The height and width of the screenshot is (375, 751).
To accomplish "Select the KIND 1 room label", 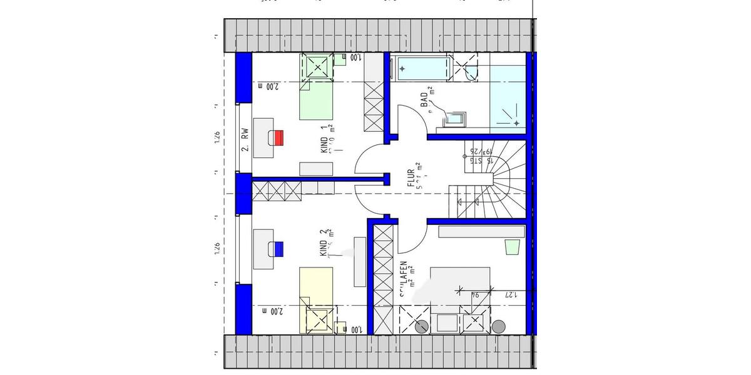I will tap(324, 139).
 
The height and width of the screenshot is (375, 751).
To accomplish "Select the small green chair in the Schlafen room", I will tap(513, 247).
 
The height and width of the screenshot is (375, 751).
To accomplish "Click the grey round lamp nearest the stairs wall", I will tap(498, 326).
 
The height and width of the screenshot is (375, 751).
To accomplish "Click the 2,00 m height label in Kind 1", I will tap(267, 87).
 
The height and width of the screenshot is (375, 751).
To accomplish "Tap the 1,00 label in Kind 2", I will tap(355, 329).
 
